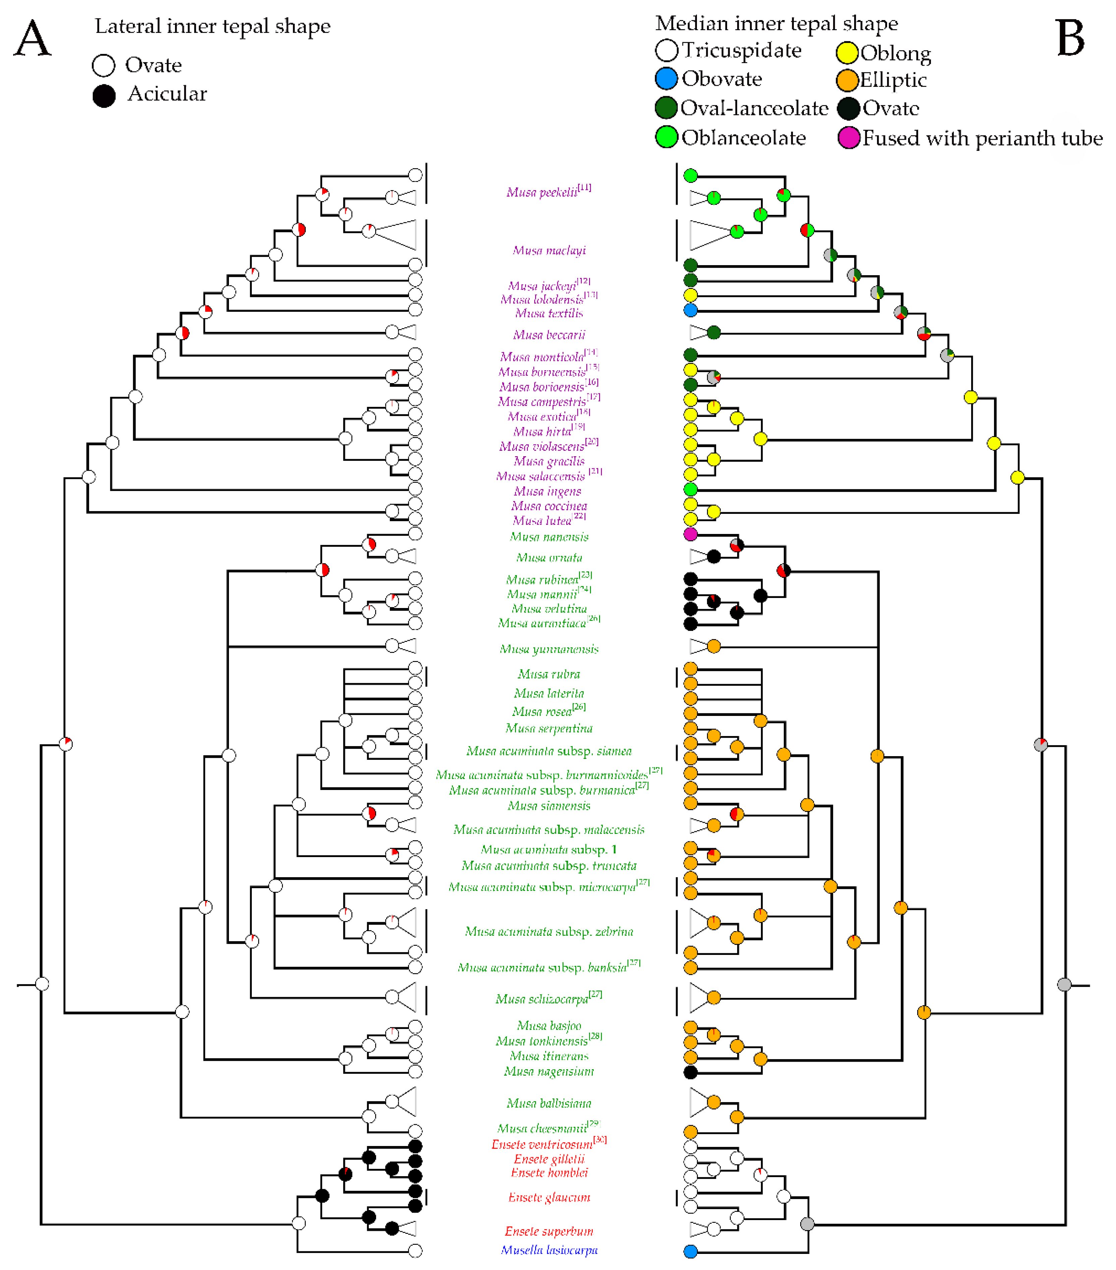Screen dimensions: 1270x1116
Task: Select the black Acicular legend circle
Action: [104, 96]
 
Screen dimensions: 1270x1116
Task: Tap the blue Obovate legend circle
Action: [666, 79]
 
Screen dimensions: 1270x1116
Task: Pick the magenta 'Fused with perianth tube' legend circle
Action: [848, 137]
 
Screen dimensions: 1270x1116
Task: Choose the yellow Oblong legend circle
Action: [847, 53]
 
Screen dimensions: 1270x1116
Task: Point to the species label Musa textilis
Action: [549, 313]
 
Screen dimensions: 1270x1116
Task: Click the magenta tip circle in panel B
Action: [690, 534]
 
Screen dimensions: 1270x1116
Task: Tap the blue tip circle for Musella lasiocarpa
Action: [690, 1251]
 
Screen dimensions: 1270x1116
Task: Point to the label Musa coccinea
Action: [549, 506]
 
